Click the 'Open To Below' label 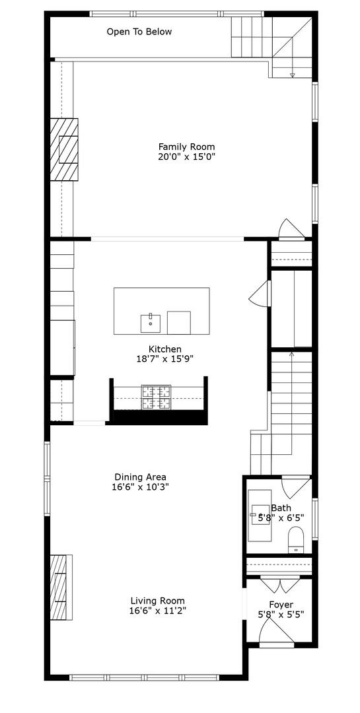139,32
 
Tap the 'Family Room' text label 186,147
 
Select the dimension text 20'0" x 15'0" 186,156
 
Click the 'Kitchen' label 164,349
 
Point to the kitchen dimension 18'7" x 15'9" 164,359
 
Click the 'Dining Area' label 140,477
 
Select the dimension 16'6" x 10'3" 140,487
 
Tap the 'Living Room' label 157,601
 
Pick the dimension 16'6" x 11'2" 157,611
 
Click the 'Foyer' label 281,604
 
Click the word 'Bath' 281,508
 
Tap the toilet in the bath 295,539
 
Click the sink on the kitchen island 151,322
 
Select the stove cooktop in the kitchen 156,397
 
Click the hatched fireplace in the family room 65,149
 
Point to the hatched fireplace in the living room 62,588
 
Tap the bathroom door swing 295,487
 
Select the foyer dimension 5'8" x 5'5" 281,615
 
